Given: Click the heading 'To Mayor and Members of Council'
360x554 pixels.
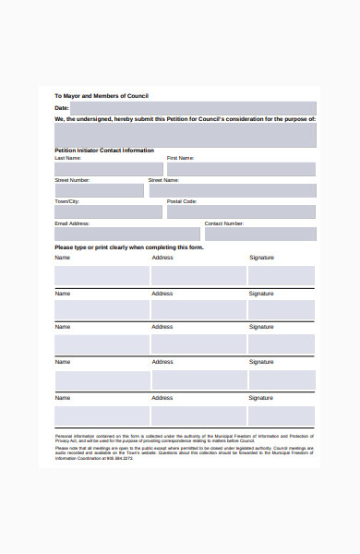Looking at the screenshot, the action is click(101, 96).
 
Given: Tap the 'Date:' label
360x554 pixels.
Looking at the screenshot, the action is click(62, 108).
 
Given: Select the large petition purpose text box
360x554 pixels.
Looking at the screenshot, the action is click(185, 135).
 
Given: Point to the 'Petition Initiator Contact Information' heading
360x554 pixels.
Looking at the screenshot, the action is click(104, 150).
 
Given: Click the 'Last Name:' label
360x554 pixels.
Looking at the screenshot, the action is click(67, 158).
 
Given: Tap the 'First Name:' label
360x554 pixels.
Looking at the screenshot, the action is click(181, 158).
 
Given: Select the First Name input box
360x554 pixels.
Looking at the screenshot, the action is click(241, 169).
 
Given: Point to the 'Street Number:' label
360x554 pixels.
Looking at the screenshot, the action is click(72, 180).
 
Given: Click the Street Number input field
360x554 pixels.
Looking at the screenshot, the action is click(99, 190).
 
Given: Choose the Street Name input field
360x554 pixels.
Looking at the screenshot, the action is click(232, 190).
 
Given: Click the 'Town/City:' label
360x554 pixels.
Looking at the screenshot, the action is click(67, 200).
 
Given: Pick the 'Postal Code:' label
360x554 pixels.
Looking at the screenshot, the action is click(182, 200).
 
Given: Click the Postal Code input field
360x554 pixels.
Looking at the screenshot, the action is click(241, 211).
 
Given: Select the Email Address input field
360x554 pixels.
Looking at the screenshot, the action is click(127, 234).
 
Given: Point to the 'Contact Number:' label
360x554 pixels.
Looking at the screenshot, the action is click(224, 223).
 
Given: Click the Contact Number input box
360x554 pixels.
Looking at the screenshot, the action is click(259, 234).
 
